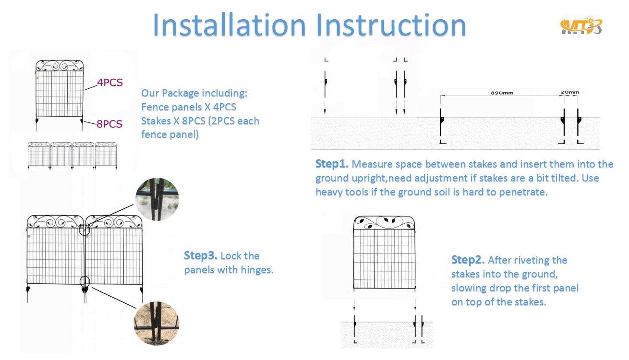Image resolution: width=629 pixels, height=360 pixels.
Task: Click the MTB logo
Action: click(x=581, y=26)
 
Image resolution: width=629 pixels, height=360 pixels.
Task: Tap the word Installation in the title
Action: click(x=229, y=25)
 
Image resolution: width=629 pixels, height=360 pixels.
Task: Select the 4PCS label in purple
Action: click(x=110, y=82)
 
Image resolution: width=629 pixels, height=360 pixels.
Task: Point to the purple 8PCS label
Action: click(x=109, y=124)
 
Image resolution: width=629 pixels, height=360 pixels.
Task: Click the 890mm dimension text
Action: click(x=502, y=93)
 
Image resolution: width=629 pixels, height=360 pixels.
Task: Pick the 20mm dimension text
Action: click(x=570, y=92)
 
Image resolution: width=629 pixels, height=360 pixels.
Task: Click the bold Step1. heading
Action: click(x=332, y=164)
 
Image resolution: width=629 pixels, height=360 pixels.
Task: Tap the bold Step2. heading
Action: click(x=468, y=260)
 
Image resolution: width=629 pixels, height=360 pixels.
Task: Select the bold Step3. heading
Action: click(x=201, y=256)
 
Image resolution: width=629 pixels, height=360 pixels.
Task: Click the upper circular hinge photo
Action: click(x=157, y=199)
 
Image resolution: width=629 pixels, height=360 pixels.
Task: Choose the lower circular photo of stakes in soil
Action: click(x=157, y=323)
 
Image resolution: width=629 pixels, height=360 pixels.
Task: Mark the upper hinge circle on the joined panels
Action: click(x=84, y=230)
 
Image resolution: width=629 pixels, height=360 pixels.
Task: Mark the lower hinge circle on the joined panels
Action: click(x=85, y=281)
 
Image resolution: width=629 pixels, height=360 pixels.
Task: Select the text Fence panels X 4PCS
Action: click(x=188, y=107)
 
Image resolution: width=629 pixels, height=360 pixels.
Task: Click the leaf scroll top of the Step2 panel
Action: click(x=384, y=223)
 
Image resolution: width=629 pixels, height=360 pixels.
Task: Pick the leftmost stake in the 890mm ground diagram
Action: click(x=441, y=126)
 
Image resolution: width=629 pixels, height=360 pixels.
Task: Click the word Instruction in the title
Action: click(x=391, y=25)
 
